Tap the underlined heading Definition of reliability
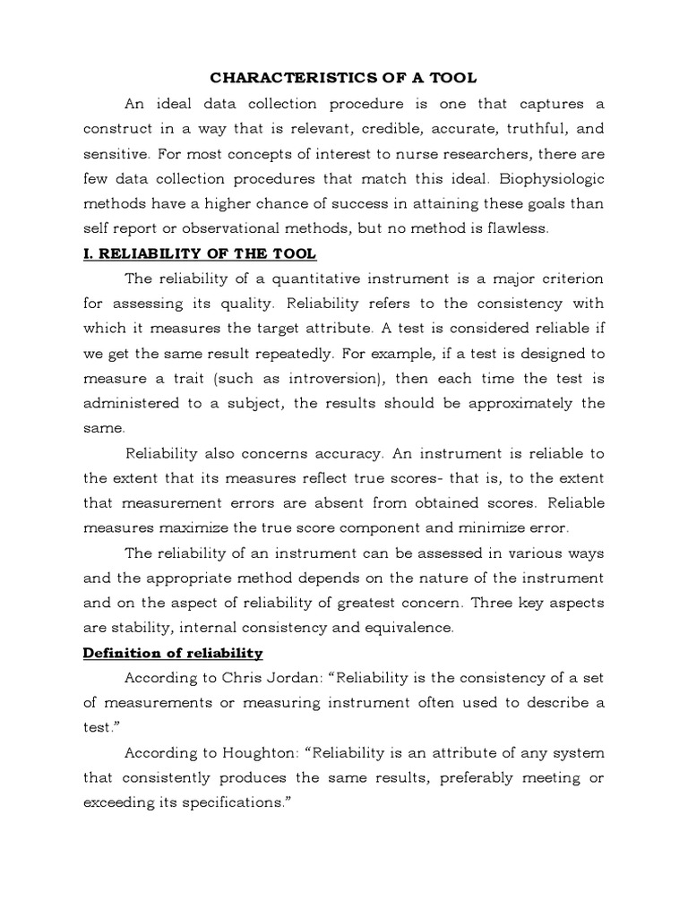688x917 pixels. tap(172, 653)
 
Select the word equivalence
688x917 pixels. tap(401, 628)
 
